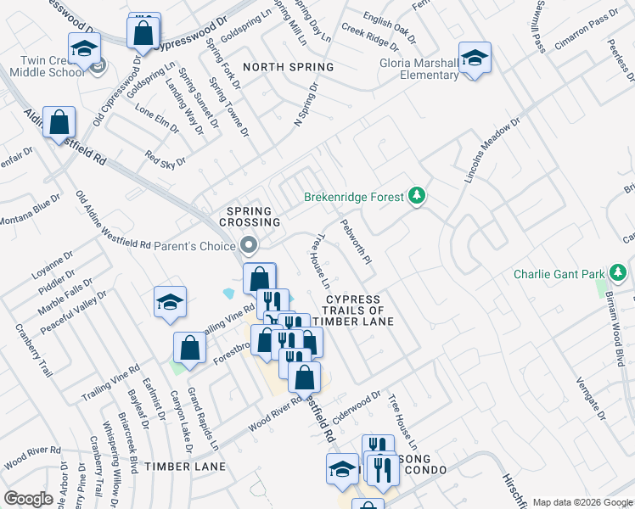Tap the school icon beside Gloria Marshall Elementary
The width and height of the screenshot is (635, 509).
click(474, 59)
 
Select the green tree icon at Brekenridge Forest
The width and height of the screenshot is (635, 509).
click(416, 197)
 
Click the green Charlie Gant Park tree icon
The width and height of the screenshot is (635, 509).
click(621, 273)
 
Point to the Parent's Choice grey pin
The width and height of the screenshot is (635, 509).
click(249, 245)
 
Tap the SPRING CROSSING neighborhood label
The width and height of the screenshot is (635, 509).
click(253, 216)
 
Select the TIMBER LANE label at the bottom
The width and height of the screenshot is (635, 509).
click(185, 467)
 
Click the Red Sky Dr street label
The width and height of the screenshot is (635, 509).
click(165, 159)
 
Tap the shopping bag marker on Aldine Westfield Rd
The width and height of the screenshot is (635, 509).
click(59, 123)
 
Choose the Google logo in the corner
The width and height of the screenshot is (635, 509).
click(28, 499)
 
